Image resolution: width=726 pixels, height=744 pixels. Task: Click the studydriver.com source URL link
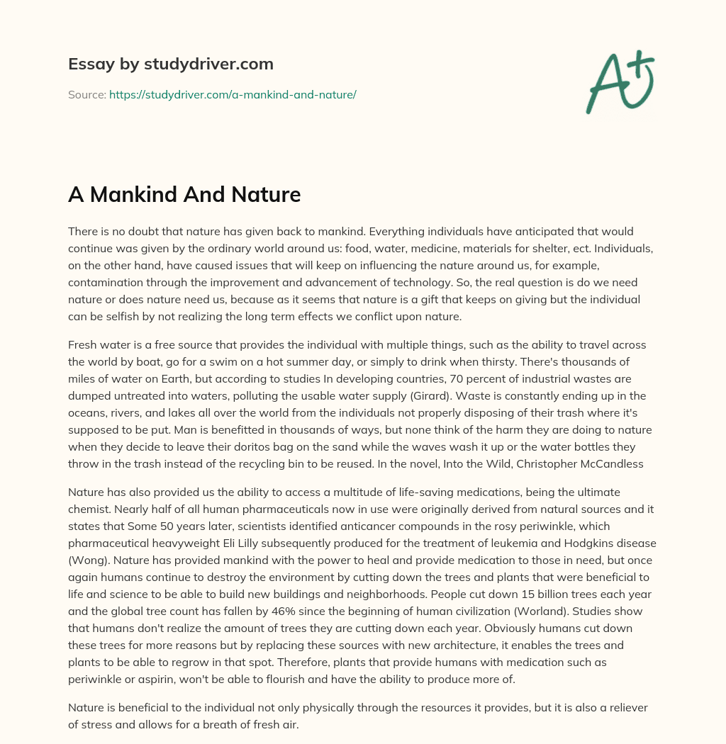233,94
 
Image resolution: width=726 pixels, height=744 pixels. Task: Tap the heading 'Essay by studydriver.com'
171,64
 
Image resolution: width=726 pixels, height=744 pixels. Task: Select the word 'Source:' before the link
87,94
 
